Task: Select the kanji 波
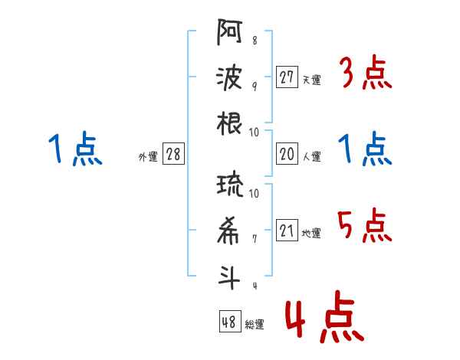tap(229, 79)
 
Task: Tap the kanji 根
tap(229, 123)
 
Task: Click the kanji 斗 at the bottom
tap(229, 277)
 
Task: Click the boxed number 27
tap(287, 77)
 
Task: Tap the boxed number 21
tap(287, 231)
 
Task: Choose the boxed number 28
tap(173, 155)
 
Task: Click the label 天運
tap(311, 80)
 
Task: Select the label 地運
tap(311, 234)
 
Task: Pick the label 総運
tap(255, 324)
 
